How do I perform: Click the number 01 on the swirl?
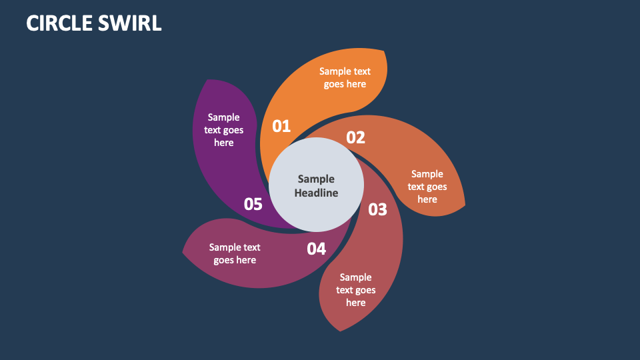[x=281, y=126]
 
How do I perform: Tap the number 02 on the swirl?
[x=355, y=137]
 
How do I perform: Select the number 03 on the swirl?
[x=377, y=209]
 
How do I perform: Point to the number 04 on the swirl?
[x=316, y=249]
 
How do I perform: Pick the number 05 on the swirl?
[x=253, y=204]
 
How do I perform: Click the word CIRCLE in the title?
[x=60, y=23]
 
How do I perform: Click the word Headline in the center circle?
[x=316, y=193]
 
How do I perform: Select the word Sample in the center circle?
[x=316, y=179]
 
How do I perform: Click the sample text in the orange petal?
[x=345, y=77]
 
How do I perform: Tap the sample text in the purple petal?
[x=224, y=130]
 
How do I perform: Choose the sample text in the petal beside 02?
[x=427, y=187]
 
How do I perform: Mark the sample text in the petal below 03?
[x=355, y=290]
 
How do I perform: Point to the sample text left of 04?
[x=235, y=253]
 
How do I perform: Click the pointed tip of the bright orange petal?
[x=383, y=51]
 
